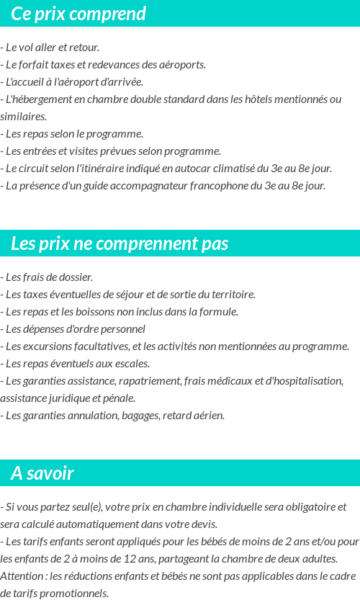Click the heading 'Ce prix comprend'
coord(78,14)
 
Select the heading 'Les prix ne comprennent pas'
coord(120,243)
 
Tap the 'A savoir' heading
coord(42,473)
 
